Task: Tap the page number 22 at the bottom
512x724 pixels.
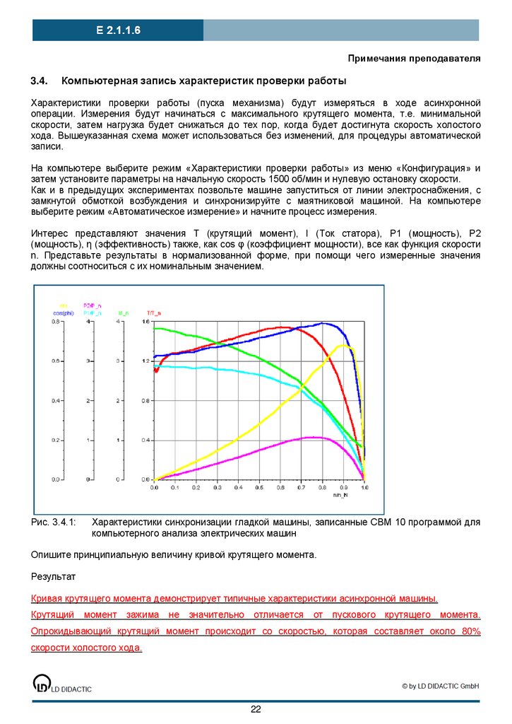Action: pos(256,710)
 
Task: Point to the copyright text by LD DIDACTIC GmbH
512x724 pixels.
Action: pos(441,686)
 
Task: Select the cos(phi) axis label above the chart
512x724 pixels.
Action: pos(63,313)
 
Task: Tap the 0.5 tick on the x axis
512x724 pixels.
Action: pos(260,488)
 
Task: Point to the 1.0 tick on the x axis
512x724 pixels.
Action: pos(364,488)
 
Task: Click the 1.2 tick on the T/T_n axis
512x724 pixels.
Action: pos(146,361)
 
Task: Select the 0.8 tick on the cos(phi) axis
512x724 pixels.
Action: pos(57,322)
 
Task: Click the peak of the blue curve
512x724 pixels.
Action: pos(323,323)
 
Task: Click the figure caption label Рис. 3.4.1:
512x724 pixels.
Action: pos(53,521)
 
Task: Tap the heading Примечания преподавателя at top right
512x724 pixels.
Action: pos(416,58)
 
